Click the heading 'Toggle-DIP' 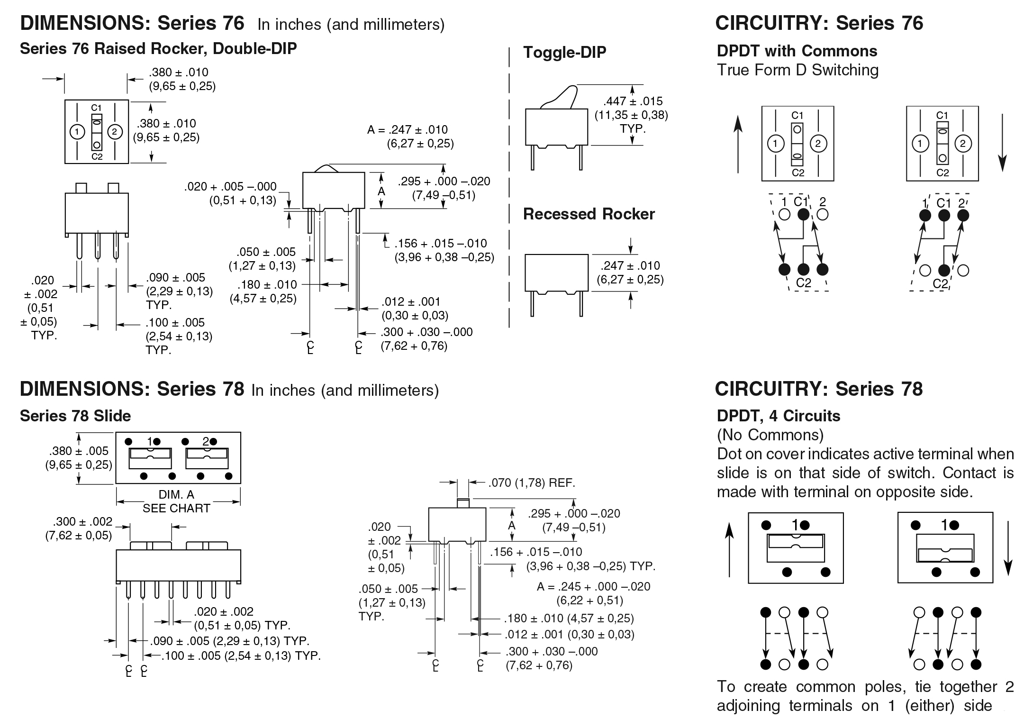564,52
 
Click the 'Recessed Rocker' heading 589,214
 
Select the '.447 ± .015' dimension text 633,101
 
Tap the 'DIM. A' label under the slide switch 176,495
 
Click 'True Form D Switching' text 797,70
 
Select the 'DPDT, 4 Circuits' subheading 779,416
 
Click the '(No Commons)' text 770,435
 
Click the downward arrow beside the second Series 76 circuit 1002,142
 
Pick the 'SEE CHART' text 176,509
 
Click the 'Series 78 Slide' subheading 75,416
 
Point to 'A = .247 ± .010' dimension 407,130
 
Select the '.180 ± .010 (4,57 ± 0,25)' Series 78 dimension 569,618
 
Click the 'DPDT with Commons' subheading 797,51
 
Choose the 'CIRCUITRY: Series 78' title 818,389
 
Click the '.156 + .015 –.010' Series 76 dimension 441,244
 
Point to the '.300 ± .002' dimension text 82,522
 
